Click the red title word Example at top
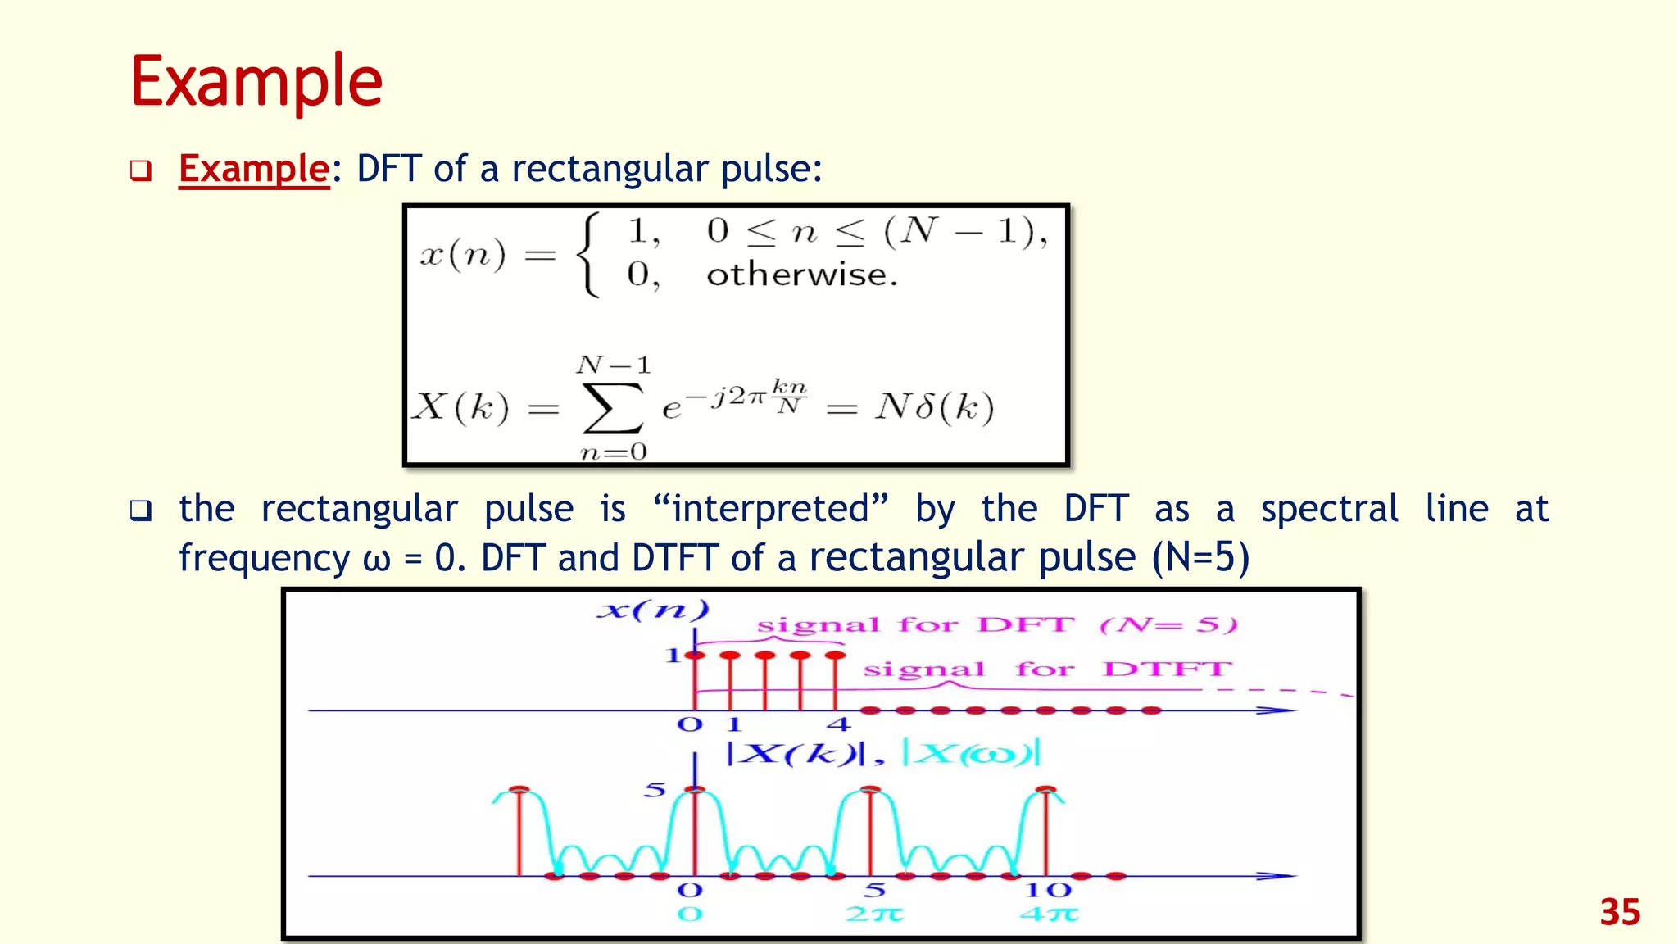(x=256, y=82)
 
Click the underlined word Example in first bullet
(x=254, y=169)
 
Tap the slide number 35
(x=1619, y=912)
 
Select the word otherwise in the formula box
(x=801, y=275)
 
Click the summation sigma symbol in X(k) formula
(x=611, y=407)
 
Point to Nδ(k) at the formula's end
(x=934, y=406)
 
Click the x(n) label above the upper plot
(x=653, y=610)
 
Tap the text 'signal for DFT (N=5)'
(x=995, y=625)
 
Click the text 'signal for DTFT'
(x=1046, y=669)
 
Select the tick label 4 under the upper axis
(x=838, y=724)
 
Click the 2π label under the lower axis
(x=874, y=914)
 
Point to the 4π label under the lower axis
(x=1049, y=914)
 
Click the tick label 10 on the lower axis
(x=1048, y=890)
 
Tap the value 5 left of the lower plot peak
(x=655, y=790)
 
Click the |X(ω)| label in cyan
(x=971, y=752)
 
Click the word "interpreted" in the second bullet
(x=771, y=509)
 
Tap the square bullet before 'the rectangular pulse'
(x=141, y=511)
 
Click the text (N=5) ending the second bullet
(x=1200, y=558)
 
